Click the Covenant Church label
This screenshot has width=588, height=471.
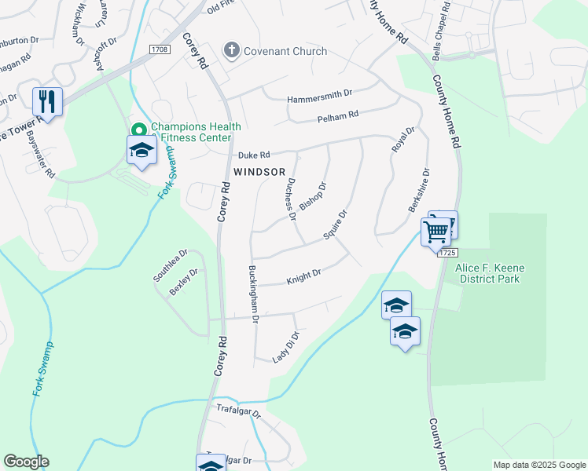pyautogui.click(x=285, y=52)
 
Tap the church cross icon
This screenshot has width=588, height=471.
pyautogui.click(x=232, y=52)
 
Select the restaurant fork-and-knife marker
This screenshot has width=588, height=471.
pyautogui.click(x=47, y=102)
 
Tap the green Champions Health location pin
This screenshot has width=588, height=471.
pyautogui.click(x=139, y=130)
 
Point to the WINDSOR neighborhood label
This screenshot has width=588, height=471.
pyautogui.click(x=259, y=171)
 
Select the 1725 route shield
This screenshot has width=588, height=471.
pyautogui.click(x=447, y=253)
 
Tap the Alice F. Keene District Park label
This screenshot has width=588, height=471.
pyautogui.click(x=490, y=273)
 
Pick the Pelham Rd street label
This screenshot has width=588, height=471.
pyautogui.click(x=338, y=115)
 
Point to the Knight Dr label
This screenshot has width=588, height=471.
pyautogui.click(x=304, y=276)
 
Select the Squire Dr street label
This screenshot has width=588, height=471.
pyautogui.click(x=335, y=225)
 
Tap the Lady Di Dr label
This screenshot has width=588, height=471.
pyautogui.click(x=286, y=347)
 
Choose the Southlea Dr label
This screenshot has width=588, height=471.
pyautogui.click(x=171, y=265)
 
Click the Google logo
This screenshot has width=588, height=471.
pyautogui.click(x=26, y=462)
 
